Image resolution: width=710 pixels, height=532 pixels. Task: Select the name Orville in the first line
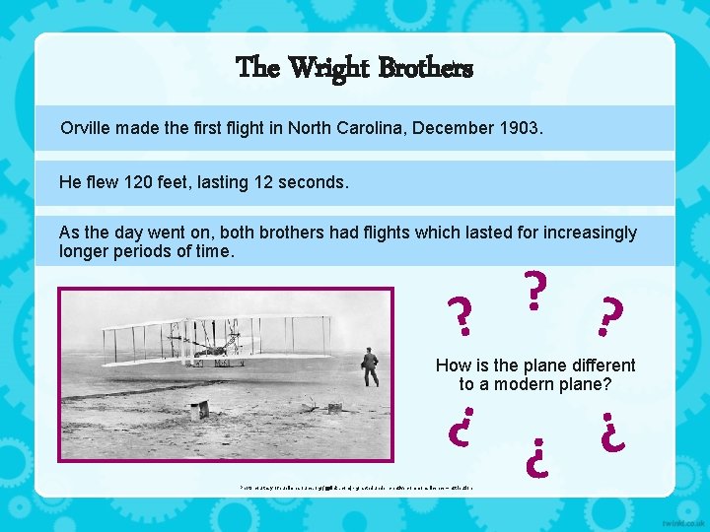point(86,128)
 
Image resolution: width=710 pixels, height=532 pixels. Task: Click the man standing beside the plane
point(370,366)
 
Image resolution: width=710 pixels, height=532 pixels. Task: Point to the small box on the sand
point(200,409)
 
